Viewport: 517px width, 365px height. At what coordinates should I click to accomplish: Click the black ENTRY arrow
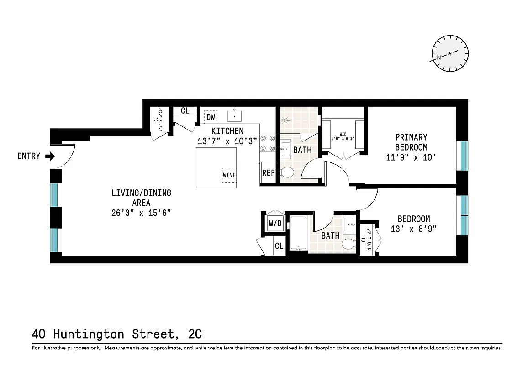coord(50,156)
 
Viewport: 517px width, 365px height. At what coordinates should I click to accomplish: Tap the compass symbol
coord(450,54)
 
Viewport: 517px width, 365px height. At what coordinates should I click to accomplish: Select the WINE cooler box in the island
coord(229,175)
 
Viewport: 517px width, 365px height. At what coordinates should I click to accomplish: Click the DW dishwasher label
coord(211,117)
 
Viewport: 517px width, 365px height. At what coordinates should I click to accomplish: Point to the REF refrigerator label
coord(268,173)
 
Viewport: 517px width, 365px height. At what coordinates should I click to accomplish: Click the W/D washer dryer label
coord(275,224)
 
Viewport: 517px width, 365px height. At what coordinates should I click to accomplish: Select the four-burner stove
coord(267,143)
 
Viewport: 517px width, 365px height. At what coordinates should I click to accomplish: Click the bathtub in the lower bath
coord(299,233)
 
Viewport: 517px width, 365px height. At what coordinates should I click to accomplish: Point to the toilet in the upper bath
coord(287,173)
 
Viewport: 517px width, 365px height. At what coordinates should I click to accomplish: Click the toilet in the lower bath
coord(348,244)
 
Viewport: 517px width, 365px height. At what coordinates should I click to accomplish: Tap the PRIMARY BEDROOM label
coord(411,142)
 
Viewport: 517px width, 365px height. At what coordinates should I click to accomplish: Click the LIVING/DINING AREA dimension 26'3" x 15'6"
coord(141,213)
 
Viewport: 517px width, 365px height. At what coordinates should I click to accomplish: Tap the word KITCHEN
coord(227,131)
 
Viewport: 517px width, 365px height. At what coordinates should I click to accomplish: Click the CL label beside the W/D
coord(279,246)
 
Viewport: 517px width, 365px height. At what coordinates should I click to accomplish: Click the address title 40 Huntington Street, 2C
coord(117,334)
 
